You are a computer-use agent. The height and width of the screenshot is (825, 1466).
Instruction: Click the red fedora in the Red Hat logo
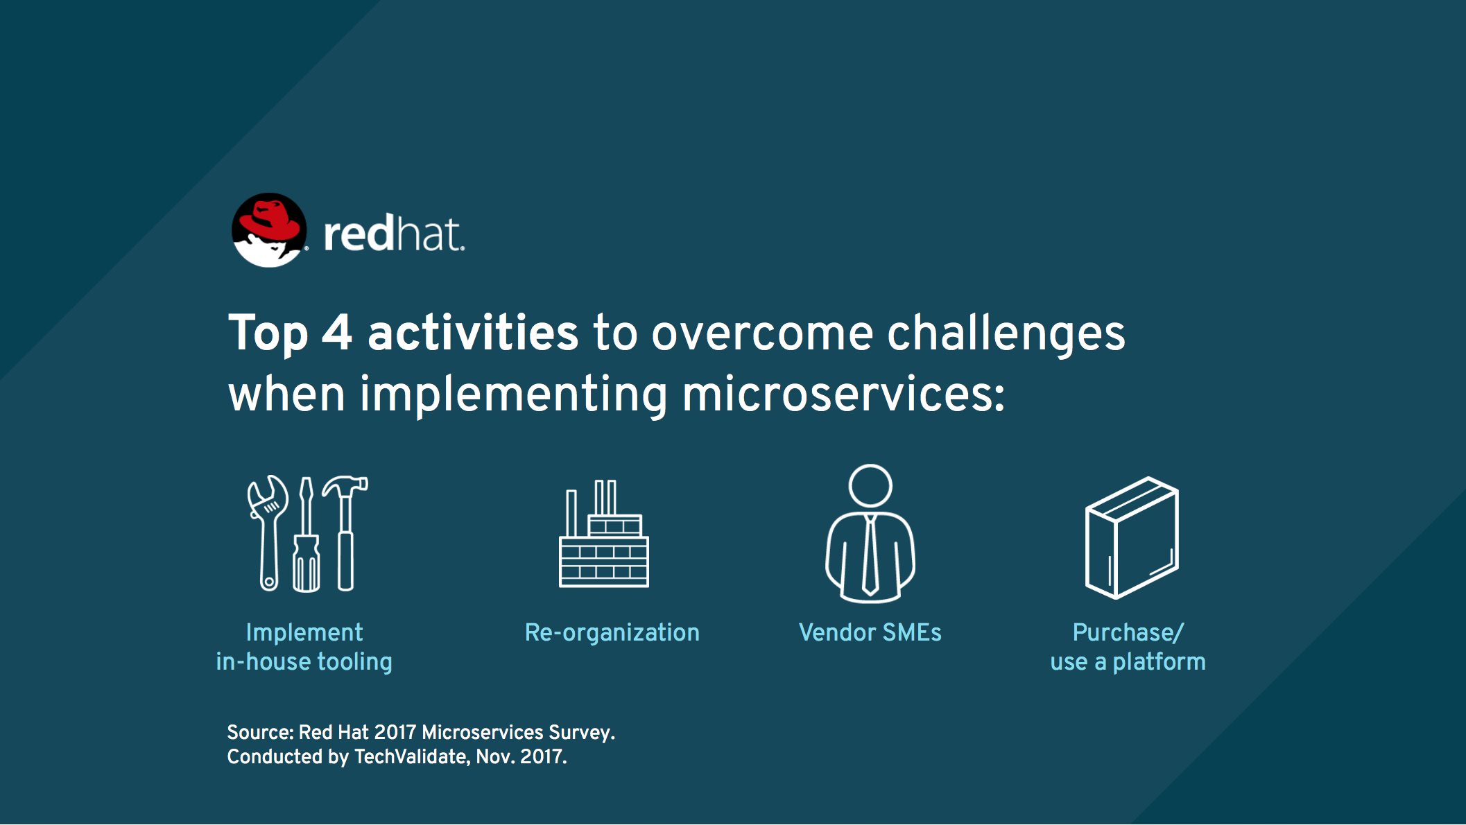(x=270, y=220)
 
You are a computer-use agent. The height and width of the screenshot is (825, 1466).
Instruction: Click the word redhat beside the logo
(x=394, y=234)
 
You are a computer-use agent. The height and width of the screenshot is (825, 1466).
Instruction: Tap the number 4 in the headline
(x=337, y=333)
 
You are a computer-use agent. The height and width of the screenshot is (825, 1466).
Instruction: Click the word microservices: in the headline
(x=843, y=394)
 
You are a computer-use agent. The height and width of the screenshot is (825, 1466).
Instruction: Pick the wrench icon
(x=268, y=532)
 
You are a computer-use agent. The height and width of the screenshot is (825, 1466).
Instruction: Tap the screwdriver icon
(x=306, y=535)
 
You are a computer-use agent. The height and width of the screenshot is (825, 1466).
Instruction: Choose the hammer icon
(x=346, y=532)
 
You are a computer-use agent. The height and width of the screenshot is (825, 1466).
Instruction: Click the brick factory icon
(x=604, y=534)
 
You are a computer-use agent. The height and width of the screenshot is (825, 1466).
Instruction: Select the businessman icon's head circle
(x=870, y=486)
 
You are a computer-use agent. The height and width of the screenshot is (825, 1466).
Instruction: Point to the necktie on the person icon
(x=870, y=555)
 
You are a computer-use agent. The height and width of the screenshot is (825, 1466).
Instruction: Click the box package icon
(x=1132, y=537)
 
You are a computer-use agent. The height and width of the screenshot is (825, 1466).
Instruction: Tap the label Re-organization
(x=612, y=632)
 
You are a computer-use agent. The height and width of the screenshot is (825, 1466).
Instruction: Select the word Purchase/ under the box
(x=1128, y=632)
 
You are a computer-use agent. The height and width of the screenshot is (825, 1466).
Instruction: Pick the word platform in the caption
(x=1159, y=662)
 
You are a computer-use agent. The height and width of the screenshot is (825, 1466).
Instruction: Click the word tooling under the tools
(x=355, y=662)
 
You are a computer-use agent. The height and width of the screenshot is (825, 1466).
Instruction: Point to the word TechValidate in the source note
(x=411, y=756)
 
